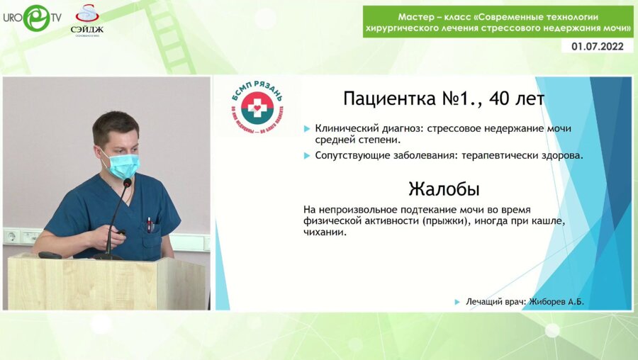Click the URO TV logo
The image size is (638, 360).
(x=33, y=18)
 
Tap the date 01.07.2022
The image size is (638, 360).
(x=597, y=46)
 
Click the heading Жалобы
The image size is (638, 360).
(x=444, y=189)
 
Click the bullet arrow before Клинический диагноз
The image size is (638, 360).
(x=306, y=129)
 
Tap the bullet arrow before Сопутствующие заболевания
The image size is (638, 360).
(x=306, y=155)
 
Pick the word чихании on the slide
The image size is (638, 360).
(x=325, y=234)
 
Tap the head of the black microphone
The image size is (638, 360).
(x=127, y=184)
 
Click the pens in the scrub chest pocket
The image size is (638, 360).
(x=150, y=224)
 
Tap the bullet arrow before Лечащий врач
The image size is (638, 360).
(x=457, y=302)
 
